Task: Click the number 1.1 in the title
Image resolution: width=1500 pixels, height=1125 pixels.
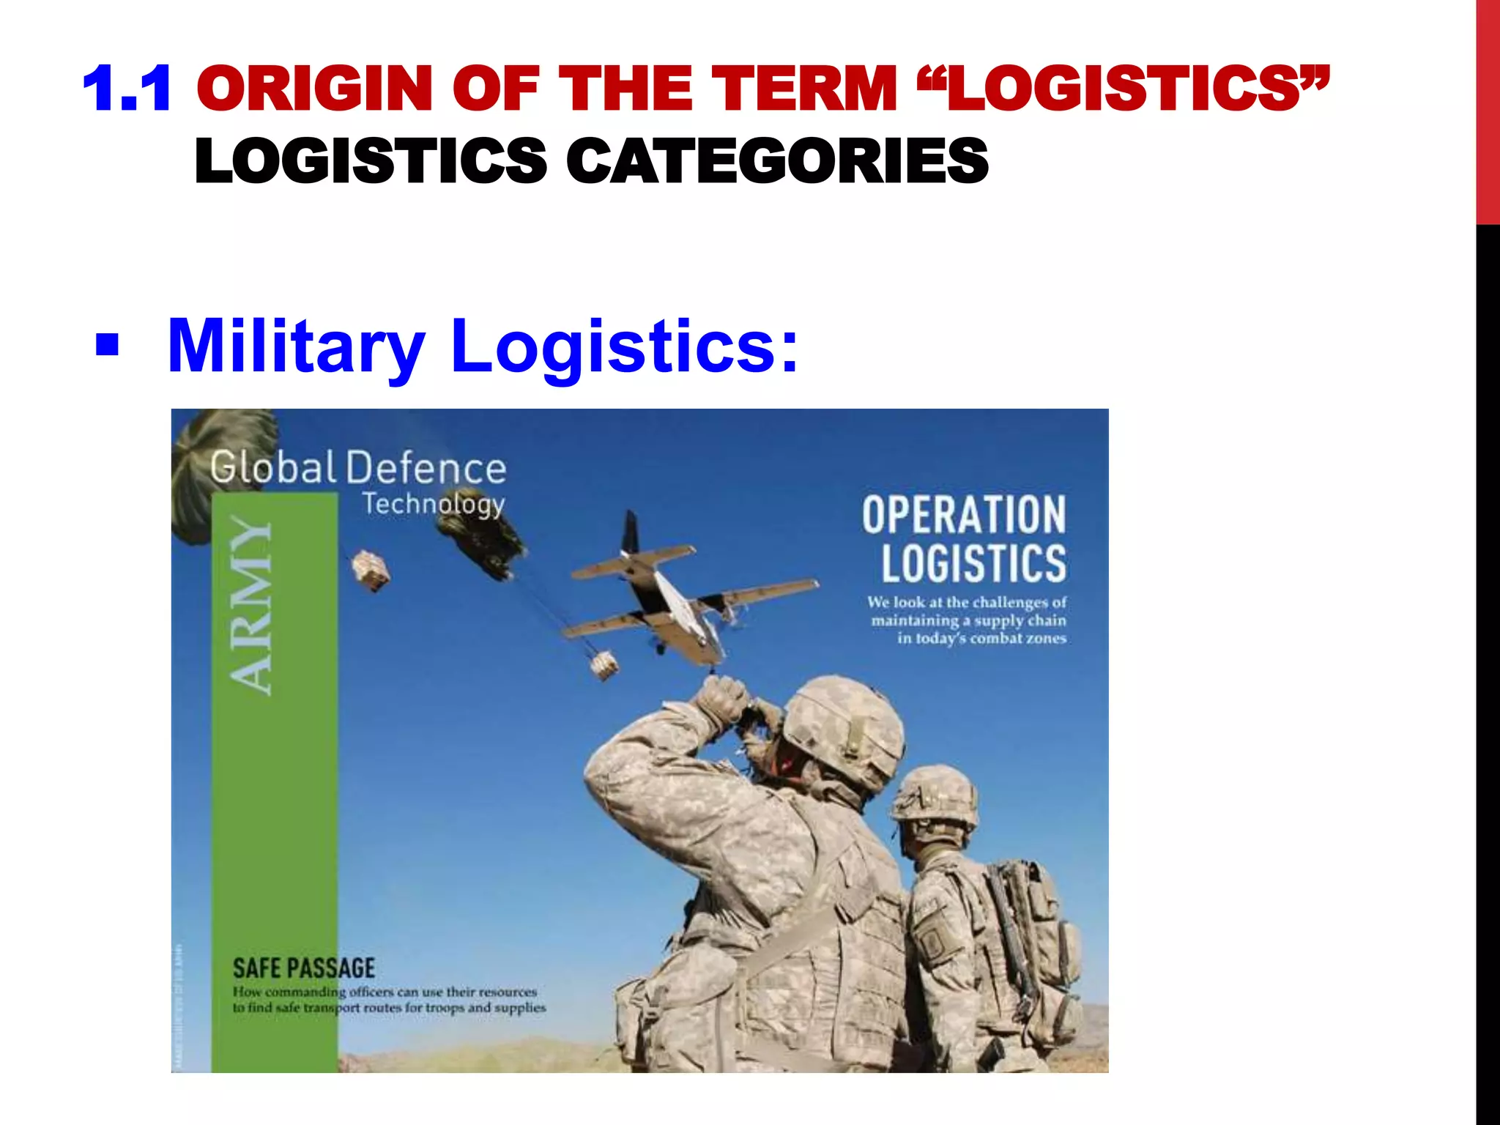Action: click(127, 89)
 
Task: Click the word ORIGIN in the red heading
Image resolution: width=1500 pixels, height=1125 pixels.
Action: click(315, 89)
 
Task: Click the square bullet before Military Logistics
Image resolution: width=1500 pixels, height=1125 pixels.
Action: click(107, 344)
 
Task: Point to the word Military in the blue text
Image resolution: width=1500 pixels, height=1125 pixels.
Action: click(296, 346)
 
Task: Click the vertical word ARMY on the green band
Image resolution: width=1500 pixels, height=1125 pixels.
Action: click(250, 605)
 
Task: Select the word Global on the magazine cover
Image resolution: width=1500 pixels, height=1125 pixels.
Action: click(272, 467)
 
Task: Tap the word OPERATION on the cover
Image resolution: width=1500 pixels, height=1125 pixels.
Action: click(963, 514)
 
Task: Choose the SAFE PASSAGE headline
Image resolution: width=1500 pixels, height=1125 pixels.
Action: click(304, 968)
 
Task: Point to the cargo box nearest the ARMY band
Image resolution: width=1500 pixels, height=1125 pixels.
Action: click(371, 570)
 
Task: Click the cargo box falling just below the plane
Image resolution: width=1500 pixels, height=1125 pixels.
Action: click(604, 665)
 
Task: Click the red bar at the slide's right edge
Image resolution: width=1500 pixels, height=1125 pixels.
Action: click(1488, 110)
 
